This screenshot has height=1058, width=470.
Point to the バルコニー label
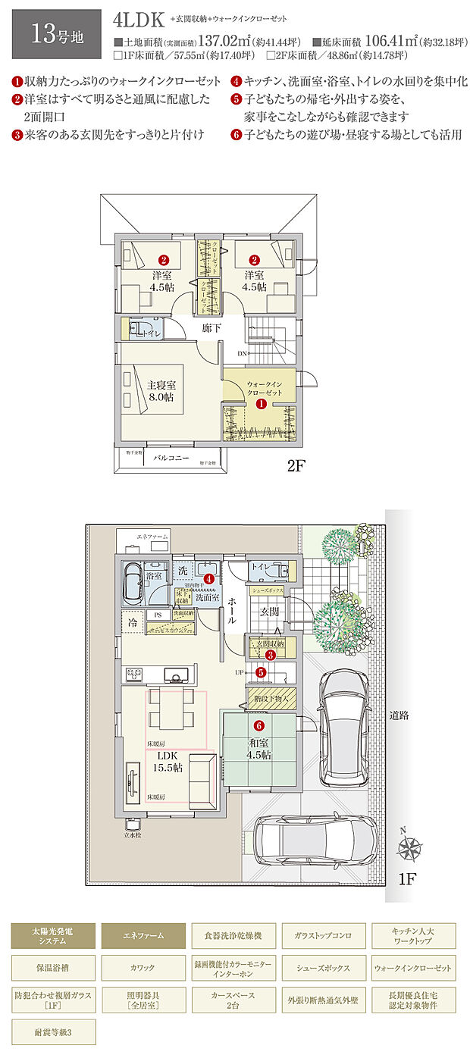(x=171, y=459)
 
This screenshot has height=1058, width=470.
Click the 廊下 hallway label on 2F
(x=211, y=328)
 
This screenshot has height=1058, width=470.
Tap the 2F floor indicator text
(x=296, y=467)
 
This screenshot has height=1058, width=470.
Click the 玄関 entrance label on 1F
(x=271, y=611)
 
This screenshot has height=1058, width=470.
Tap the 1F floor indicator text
(x=408, y=879)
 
